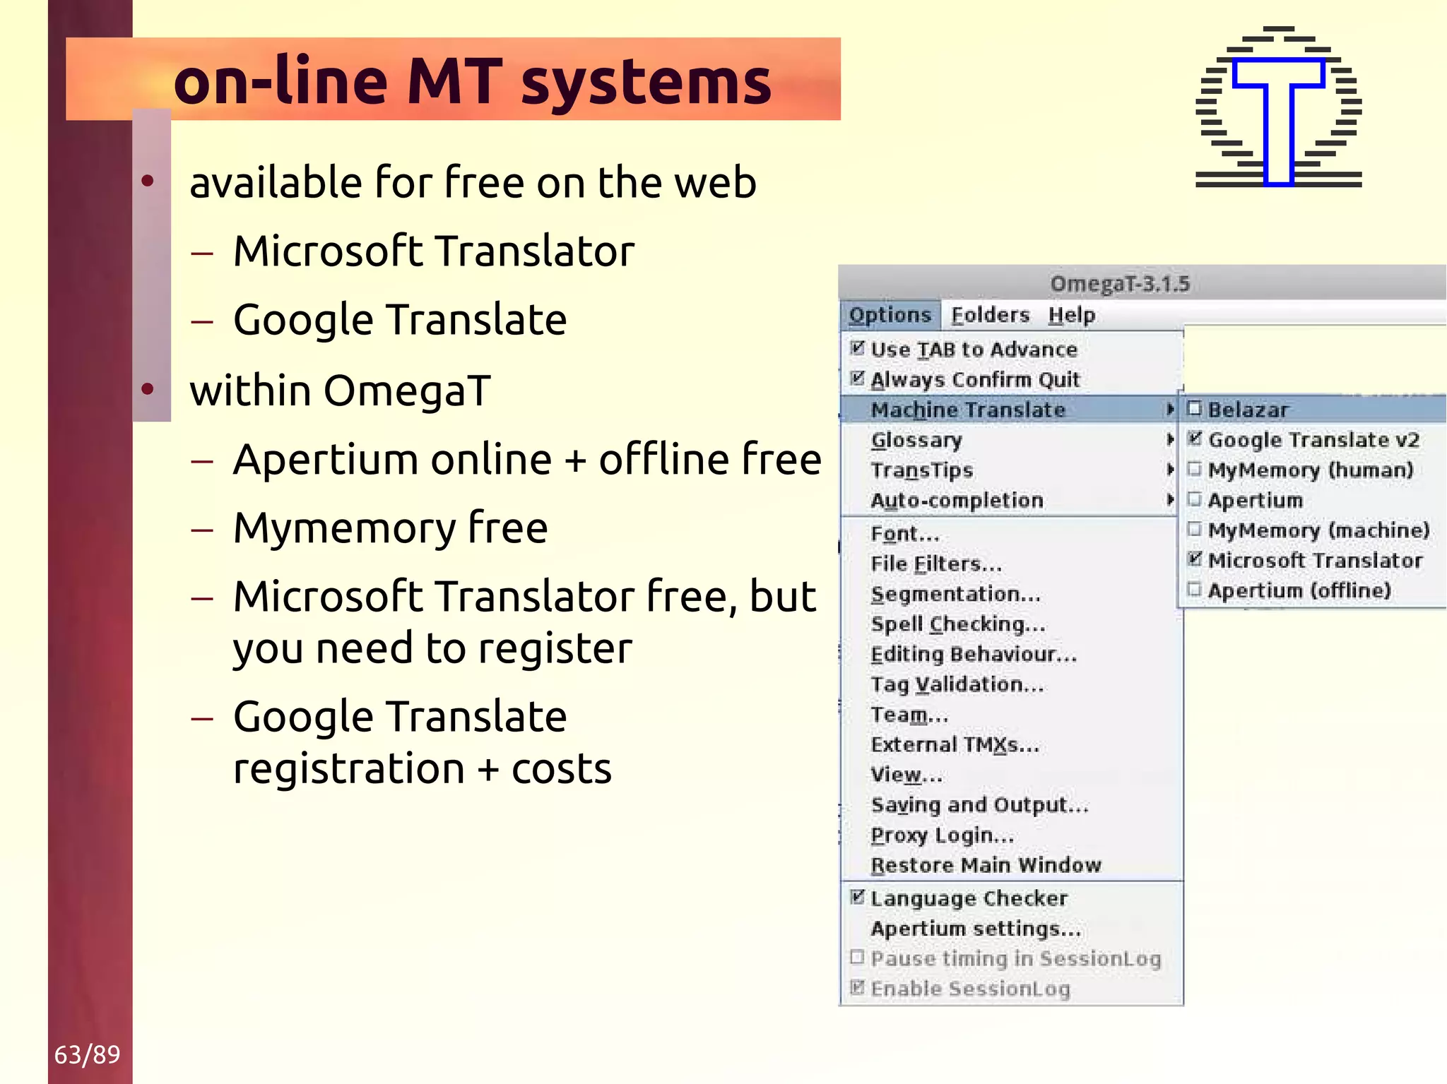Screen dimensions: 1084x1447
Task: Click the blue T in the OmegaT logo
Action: pyautogui.click(x=1278, y=120)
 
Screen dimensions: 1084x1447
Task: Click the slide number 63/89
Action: pyautogui.click(x=87, y=1054)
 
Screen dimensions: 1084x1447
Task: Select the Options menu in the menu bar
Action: pyautogui.click(x=890, y=315)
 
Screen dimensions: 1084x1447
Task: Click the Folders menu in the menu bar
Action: pyautogui.click(x=990, y=315)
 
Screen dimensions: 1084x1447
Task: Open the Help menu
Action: pyautogui.click(x=1071, y=315)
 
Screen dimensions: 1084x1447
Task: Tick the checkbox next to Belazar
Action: pyautogui.click(x=1194, y=408)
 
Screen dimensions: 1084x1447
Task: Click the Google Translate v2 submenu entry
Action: pyautogui.click(x=1313, y=440)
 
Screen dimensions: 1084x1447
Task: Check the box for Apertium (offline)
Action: pyautogui.click(x=1194, y=589)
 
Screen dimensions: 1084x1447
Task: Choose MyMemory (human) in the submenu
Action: pyautogui.click(x=1310, y=470)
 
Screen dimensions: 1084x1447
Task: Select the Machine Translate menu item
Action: pyautogui.click(x=967, y=410)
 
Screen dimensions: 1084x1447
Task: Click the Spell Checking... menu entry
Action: pyautogui.click(x=957, y=624)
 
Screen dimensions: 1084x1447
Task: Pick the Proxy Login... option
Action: pyautogui.click(x=942, y=835)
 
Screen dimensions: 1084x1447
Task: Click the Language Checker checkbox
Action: pyautogui.click(x=857, y=897)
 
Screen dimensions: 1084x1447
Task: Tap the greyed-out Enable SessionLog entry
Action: pyautogui.click(x=969, y=989)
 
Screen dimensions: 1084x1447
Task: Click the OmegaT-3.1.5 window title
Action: pyautogui.click(x=1120, y=284)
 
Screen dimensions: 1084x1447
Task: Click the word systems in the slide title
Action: pyautogui.click(x=646, y=82)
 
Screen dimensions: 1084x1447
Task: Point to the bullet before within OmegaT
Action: pyautogui.click(x=148, y=389)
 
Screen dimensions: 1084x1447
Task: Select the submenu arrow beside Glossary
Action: pyautogui.click(x=1170, y=439)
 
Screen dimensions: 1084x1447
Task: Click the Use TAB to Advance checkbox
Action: pyautogui.click(x=857, y=347)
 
